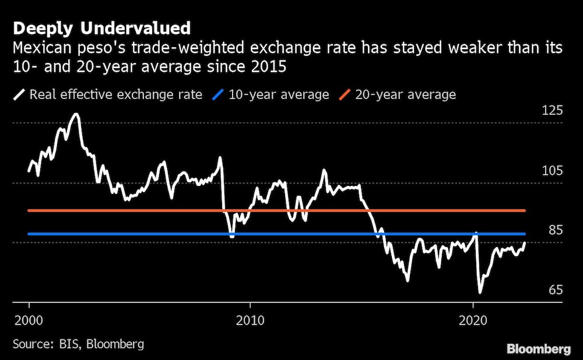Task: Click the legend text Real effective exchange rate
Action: pos(115,94)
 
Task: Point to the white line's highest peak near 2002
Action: pos(75,114)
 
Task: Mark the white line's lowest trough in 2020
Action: pos(480,292)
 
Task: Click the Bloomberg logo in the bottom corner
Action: pos(538,349)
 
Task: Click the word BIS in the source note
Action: pos(72,344)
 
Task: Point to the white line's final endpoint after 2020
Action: pos(525,242)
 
